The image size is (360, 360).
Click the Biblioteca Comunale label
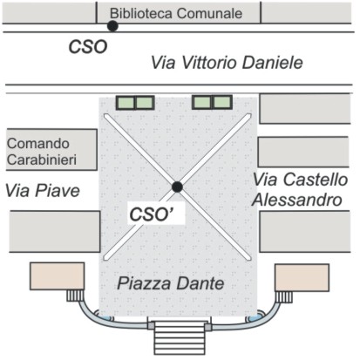(x=176, y=13)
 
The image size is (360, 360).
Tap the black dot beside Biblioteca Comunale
(x=112, y=26)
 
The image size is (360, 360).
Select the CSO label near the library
(x=88, y=47)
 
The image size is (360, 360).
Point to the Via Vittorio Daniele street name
(x=227, y=63)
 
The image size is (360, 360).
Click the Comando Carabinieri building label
(x=42, y=152)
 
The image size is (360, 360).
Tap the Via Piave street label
(x=43, y=191)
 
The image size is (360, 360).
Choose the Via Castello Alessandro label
(x=300, y=189)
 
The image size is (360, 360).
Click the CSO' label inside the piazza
(x=152, y=214)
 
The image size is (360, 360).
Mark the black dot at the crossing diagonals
(x=177, y=187)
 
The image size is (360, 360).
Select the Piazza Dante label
(x=171, y=283)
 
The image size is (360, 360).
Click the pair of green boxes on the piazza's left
(x=135, y=103)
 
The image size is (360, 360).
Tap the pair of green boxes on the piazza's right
(x=213, y=102)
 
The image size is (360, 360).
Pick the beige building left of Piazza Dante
(x=58, y=276)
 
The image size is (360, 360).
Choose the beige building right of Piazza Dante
(x=302, y=277)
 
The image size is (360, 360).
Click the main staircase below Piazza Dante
(x=180, y=338)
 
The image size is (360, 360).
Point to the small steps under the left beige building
(x=75, y=295)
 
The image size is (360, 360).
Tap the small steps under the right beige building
(x=284, y=297)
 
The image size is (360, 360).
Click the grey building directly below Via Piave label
(x=55, y=232)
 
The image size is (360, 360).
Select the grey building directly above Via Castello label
(x=303, y=152)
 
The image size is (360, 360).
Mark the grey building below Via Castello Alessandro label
(x=305, y=231)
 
